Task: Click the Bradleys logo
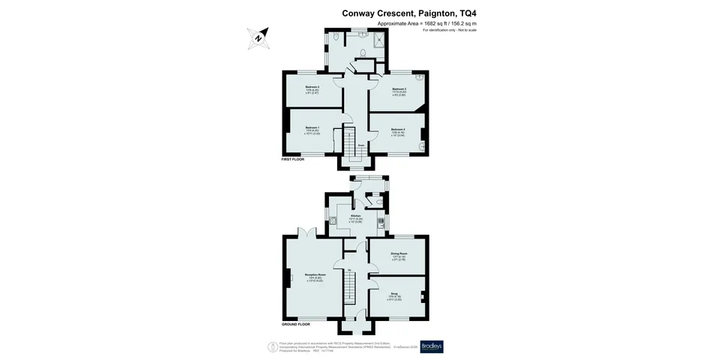[432, 346]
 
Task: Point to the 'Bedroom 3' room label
[398, 90]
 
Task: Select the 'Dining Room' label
[399, 254]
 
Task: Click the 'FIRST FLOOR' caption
[294, 160]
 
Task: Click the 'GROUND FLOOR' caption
[296, 325]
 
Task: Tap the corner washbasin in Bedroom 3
[420, 76]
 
